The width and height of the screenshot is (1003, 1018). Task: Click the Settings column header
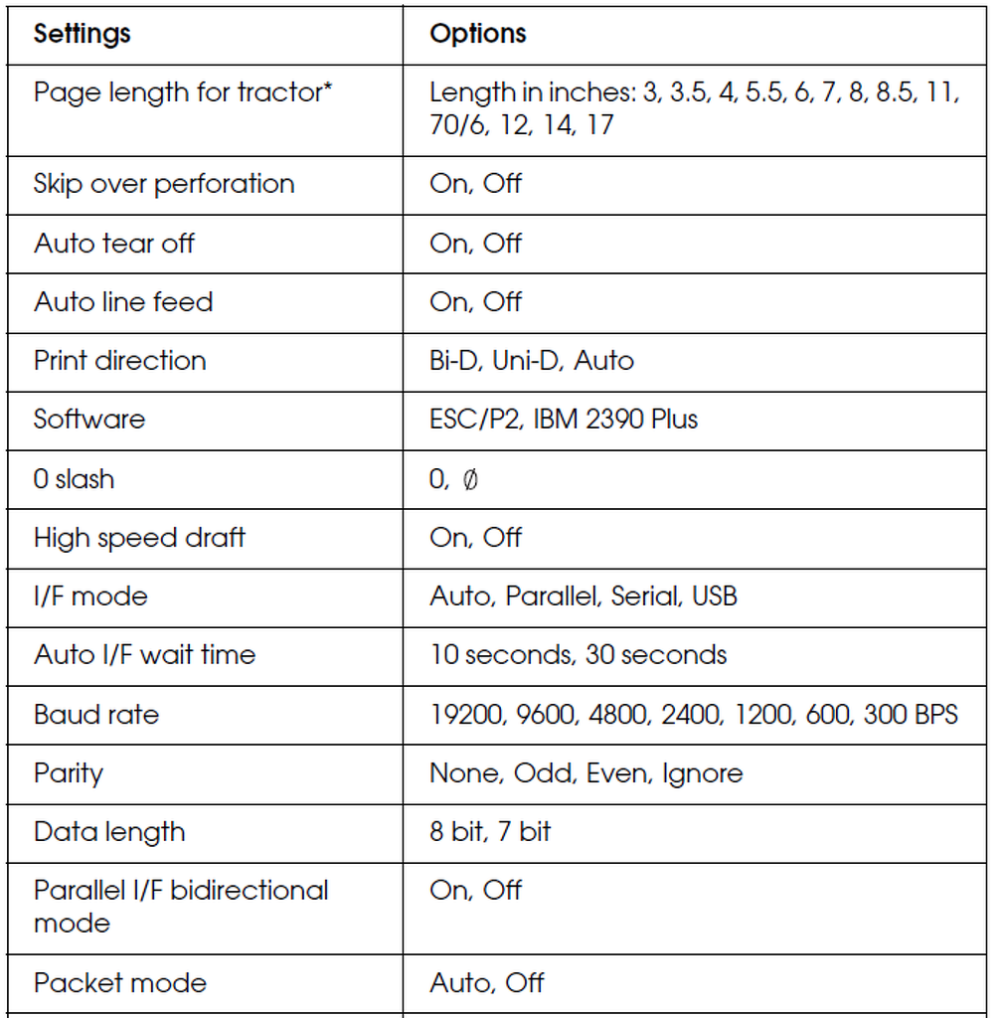pos(83,34)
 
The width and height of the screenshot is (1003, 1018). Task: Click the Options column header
pos(477,34)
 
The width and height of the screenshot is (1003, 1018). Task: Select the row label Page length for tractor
pos(183,92)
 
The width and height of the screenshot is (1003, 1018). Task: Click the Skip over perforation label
pos(164,184)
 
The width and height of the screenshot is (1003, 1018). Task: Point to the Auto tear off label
pos(114,243)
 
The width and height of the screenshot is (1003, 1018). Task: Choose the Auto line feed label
pos(123,301)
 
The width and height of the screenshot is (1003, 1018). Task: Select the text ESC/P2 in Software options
pos(473,419)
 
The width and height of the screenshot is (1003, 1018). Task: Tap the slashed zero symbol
pos(470,479)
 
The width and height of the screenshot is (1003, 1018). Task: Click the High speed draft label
pos(139,538)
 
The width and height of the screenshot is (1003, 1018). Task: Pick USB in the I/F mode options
pos(715,596)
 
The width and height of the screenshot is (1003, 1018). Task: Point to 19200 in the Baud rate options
pos(466,714)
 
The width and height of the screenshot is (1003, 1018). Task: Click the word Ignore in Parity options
pos(702,773)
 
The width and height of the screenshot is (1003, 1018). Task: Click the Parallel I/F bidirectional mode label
pos(181,906)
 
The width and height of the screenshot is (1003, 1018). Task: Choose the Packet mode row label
pos(120,983)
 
